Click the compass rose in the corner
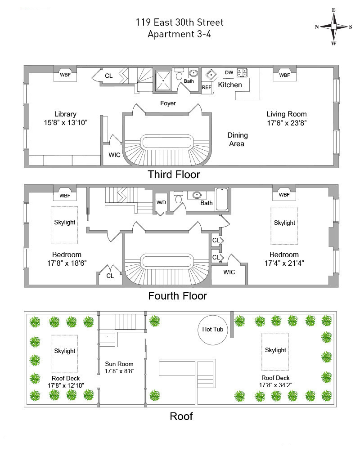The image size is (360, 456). coord(333,27)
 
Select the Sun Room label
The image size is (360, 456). coord(119,364)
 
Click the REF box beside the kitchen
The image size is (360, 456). coord(207,87)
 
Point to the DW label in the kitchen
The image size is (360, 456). coord(229,72)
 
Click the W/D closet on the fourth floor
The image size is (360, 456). coord(161,202)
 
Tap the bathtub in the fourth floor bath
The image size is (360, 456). coord(222,199)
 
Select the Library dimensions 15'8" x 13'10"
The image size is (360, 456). coord(66,122)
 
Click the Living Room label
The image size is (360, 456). coord(287,114)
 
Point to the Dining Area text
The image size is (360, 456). coord(237,139)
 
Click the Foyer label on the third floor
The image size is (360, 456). coord(168,103)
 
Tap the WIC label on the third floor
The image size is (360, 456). coord(114,155)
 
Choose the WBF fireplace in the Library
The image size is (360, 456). coord(65,75)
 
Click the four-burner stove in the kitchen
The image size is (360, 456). coord(242,73)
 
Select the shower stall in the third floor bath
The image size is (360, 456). coord(163,80)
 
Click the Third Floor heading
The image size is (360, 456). coord(174,174)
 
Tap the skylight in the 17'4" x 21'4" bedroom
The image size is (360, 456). coord(284,226)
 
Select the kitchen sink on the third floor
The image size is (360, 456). coord(211,75)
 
